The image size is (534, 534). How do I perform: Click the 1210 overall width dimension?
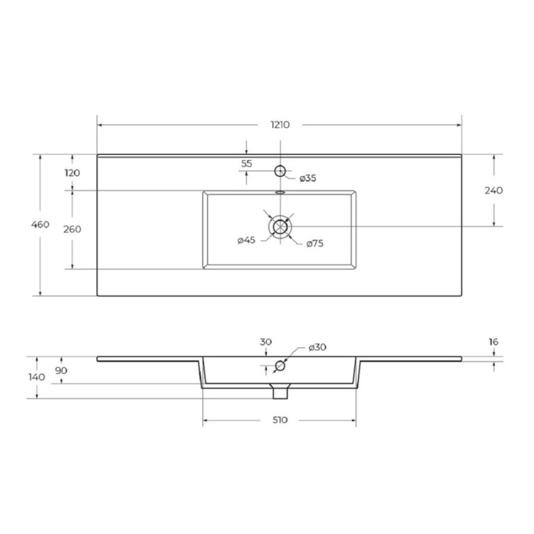point(280,125)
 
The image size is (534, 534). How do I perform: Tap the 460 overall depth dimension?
point(40,224)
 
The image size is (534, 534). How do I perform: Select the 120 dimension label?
point(72,173)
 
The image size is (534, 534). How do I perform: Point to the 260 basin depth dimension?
point(72,229)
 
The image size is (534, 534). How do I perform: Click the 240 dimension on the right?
point(493,190)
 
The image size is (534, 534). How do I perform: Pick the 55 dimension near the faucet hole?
point(246,164)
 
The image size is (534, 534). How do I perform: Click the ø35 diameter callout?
point(308,178)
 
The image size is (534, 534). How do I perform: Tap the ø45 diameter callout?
point(246,240)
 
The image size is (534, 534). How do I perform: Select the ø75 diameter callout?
point(314,244)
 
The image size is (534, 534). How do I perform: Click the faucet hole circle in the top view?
point(280,171)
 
